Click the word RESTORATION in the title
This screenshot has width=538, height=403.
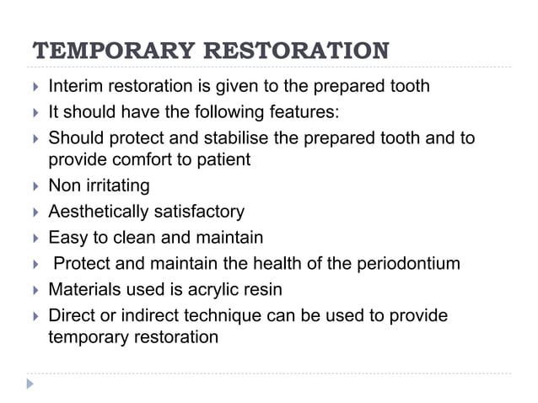click(297, 51)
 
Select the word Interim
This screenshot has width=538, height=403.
click(74, 86)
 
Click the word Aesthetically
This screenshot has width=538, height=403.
click(95, 211)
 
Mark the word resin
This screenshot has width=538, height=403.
click(262, 290)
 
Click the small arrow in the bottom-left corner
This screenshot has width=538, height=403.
click(31, 384)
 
